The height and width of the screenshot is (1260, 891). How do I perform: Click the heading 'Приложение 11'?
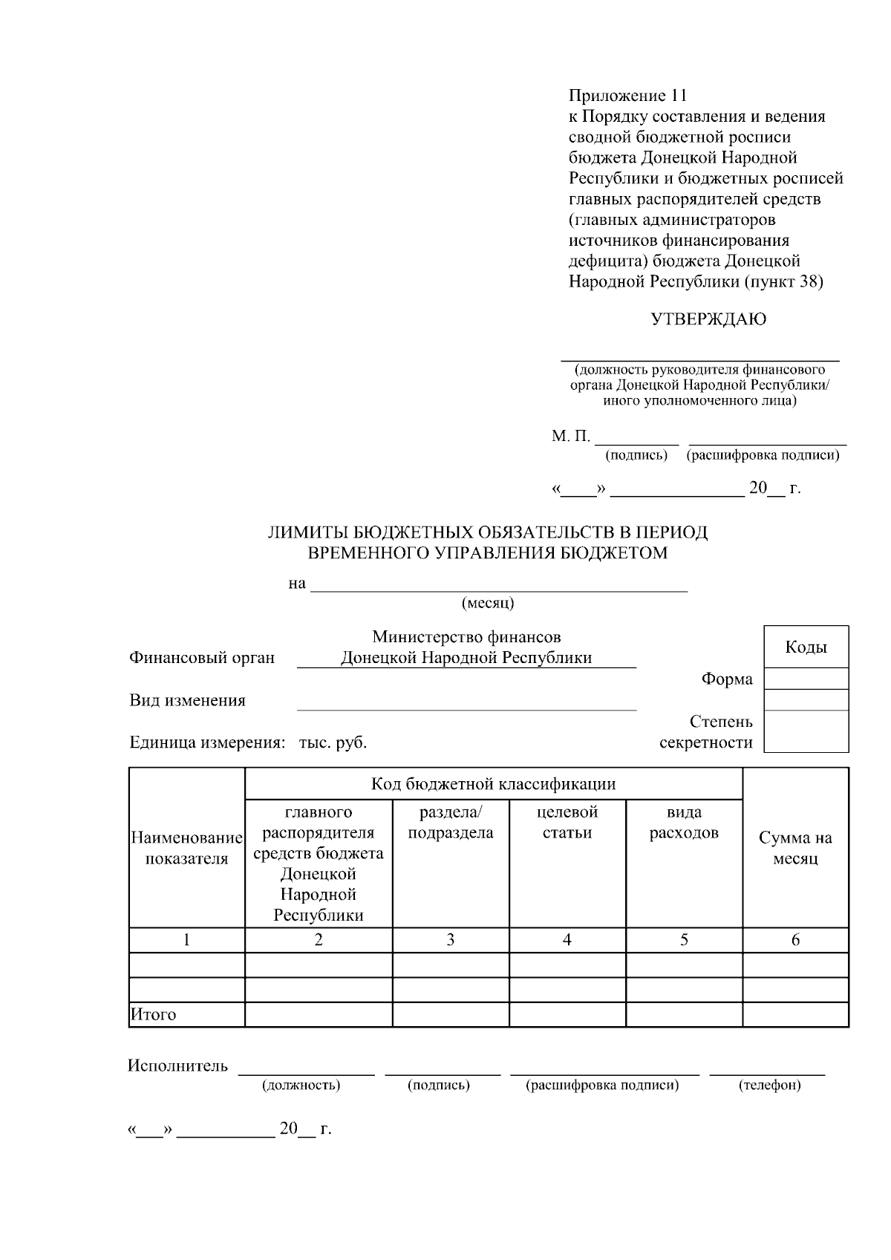[627, 96]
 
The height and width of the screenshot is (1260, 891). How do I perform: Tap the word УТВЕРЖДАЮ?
[708, 319]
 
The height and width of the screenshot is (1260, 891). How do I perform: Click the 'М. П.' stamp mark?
[570, 436]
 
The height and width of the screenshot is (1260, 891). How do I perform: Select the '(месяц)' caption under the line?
[488, 603]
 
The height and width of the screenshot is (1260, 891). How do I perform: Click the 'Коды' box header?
[806, 647]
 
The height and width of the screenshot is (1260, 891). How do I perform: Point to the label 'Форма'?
[726, 679]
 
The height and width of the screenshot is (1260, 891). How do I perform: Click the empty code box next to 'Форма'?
[806, 679]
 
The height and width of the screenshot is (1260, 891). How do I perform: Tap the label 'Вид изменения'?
[187, 700]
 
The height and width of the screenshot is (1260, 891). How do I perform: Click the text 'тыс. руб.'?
[333, 742]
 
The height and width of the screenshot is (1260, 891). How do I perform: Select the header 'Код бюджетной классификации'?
[493, 784]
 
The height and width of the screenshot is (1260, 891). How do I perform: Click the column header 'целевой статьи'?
[567, 822]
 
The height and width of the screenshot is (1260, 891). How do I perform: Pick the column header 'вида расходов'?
[684, 822]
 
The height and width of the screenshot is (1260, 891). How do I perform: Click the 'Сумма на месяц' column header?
[795, 848]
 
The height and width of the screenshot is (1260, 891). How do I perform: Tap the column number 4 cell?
[567, 940]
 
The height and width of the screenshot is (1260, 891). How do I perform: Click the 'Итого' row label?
[154, 1014]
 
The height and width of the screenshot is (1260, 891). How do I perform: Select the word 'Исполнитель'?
[177, 1066]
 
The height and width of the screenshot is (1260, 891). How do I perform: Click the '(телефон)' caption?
[769, 1086]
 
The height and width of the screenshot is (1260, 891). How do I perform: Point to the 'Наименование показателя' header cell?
[186, 848]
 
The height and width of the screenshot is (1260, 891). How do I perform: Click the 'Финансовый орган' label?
[202, 658]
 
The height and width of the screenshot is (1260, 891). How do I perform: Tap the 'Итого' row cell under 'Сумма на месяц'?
[795, 1014]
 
